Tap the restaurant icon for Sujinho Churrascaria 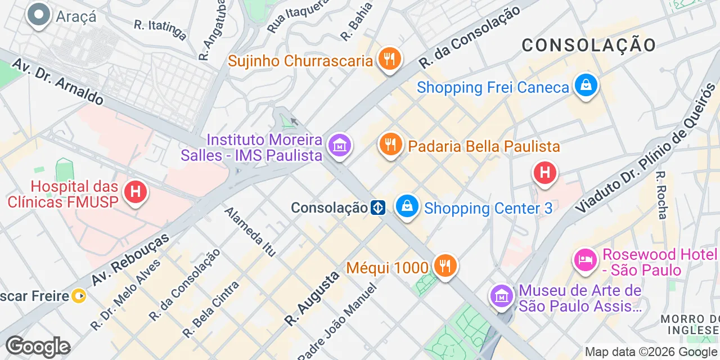389,58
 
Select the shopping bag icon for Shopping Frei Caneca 586,86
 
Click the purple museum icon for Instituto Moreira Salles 340,145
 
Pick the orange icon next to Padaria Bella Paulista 390,145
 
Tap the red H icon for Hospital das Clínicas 135,192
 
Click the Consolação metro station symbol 377,208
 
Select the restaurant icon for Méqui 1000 445,265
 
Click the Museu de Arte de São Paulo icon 501,296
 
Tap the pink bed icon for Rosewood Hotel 586,260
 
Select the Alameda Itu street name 250,232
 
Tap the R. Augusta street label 312,298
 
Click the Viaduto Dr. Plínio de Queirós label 646,148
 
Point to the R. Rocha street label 662,195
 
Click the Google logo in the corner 38,346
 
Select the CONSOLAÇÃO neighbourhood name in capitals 588,45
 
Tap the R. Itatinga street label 160,30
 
